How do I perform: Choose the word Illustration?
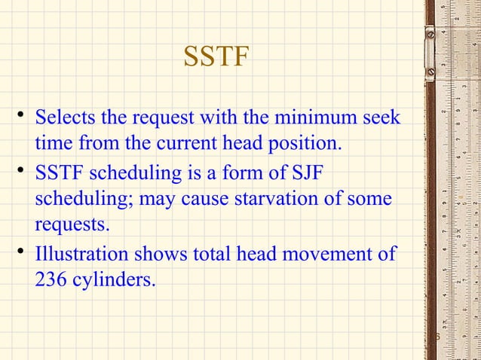click(x=80, y=255)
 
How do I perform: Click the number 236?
click(x=52, y=280)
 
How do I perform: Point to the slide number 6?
click(x=436, y=337)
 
